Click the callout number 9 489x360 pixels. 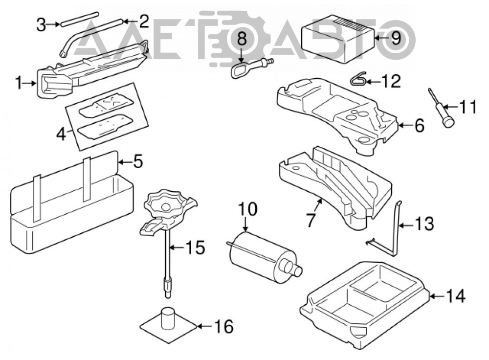[x=396, y=38]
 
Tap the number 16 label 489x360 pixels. [x=223, y=326]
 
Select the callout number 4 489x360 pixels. [x=62, y=135]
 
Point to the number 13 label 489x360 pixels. [x=424, y=224]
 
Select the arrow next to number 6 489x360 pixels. [x=406, y=125]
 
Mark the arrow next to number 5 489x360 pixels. [x=125, y=162]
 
